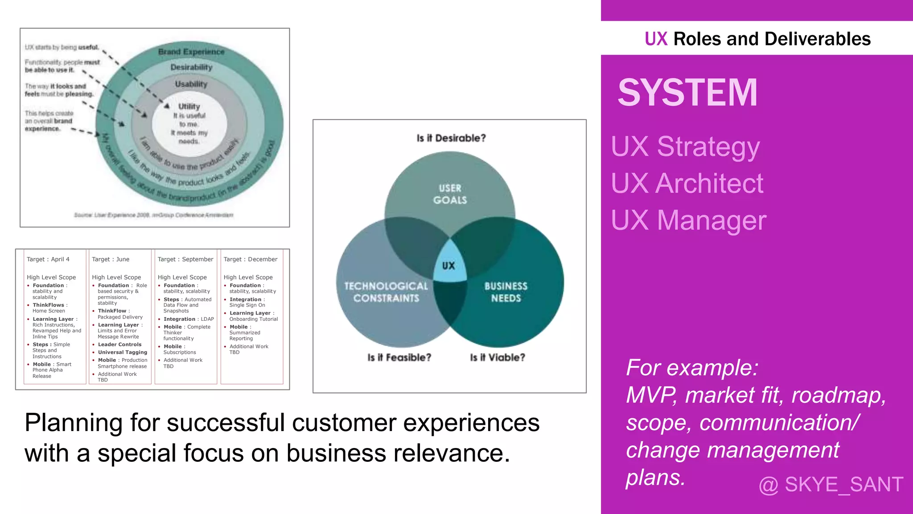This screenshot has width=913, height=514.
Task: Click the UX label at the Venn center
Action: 448,266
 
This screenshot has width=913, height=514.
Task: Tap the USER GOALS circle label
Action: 450,194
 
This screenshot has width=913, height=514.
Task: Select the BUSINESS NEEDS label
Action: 506,292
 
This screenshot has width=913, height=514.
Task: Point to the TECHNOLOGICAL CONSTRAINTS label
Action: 386,292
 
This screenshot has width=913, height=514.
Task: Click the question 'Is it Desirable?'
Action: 451,138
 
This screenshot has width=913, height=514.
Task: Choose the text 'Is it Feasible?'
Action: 399,357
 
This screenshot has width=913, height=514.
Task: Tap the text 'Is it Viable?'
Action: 498,357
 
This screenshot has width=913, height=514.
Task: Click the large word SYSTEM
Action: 687,92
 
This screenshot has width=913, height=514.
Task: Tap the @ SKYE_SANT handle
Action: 831,484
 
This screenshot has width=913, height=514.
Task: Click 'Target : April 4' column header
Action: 48,259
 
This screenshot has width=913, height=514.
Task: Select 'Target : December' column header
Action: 250,259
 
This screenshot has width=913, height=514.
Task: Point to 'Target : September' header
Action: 185,259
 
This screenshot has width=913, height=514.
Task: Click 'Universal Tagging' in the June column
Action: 122,352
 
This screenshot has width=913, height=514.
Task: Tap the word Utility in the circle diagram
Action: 189,107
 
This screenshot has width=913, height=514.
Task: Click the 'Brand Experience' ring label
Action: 191,52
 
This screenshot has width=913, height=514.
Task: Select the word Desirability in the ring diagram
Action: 191,67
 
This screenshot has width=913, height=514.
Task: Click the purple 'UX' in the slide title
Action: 656,39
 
